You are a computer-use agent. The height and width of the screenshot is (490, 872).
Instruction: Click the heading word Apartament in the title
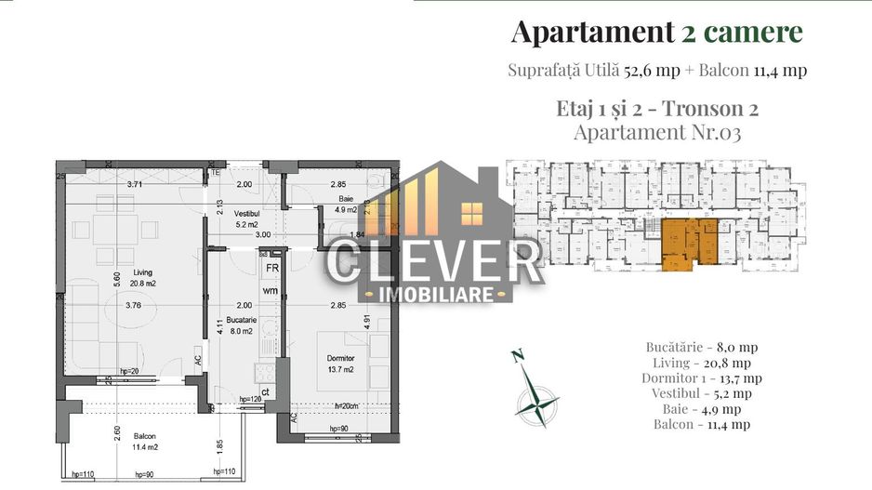point(588,33)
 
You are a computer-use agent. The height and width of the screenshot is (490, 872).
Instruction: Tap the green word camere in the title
point(753,33)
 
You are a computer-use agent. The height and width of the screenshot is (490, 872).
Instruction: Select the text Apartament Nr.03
point(657,132)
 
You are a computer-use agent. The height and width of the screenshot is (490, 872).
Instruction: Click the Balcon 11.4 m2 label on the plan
point(144,440)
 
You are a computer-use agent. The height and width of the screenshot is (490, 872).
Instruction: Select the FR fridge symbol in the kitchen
point(272,267)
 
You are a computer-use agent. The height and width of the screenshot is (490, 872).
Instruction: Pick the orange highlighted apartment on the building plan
point(688,245)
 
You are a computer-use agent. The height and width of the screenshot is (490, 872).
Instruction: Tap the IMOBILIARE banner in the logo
point(434,294)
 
